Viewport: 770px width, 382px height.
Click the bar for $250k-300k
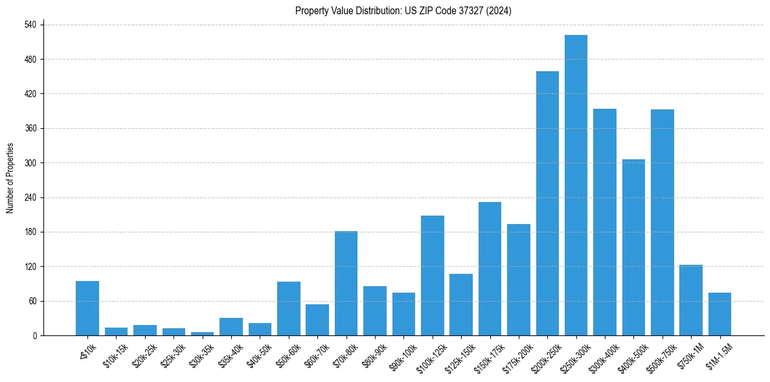576,185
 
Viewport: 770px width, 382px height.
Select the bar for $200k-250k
547,203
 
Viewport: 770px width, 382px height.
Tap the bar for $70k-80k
346,283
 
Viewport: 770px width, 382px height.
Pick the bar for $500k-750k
662,222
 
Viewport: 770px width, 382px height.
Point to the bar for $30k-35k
202,333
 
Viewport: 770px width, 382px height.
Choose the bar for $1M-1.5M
719,314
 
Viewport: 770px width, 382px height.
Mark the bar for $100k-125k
432,275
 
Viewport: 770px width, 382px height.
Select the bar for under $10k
87,308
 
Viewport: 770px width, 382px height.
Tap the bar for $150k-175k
490,269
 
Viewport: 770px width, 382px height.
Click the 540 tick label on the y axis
31,25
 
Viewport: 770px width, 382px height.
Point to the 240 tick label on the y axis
31,197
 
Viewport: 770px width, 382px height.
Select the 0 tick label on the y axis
35,335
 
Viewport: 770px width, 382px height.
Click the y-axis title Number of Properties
10,178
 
